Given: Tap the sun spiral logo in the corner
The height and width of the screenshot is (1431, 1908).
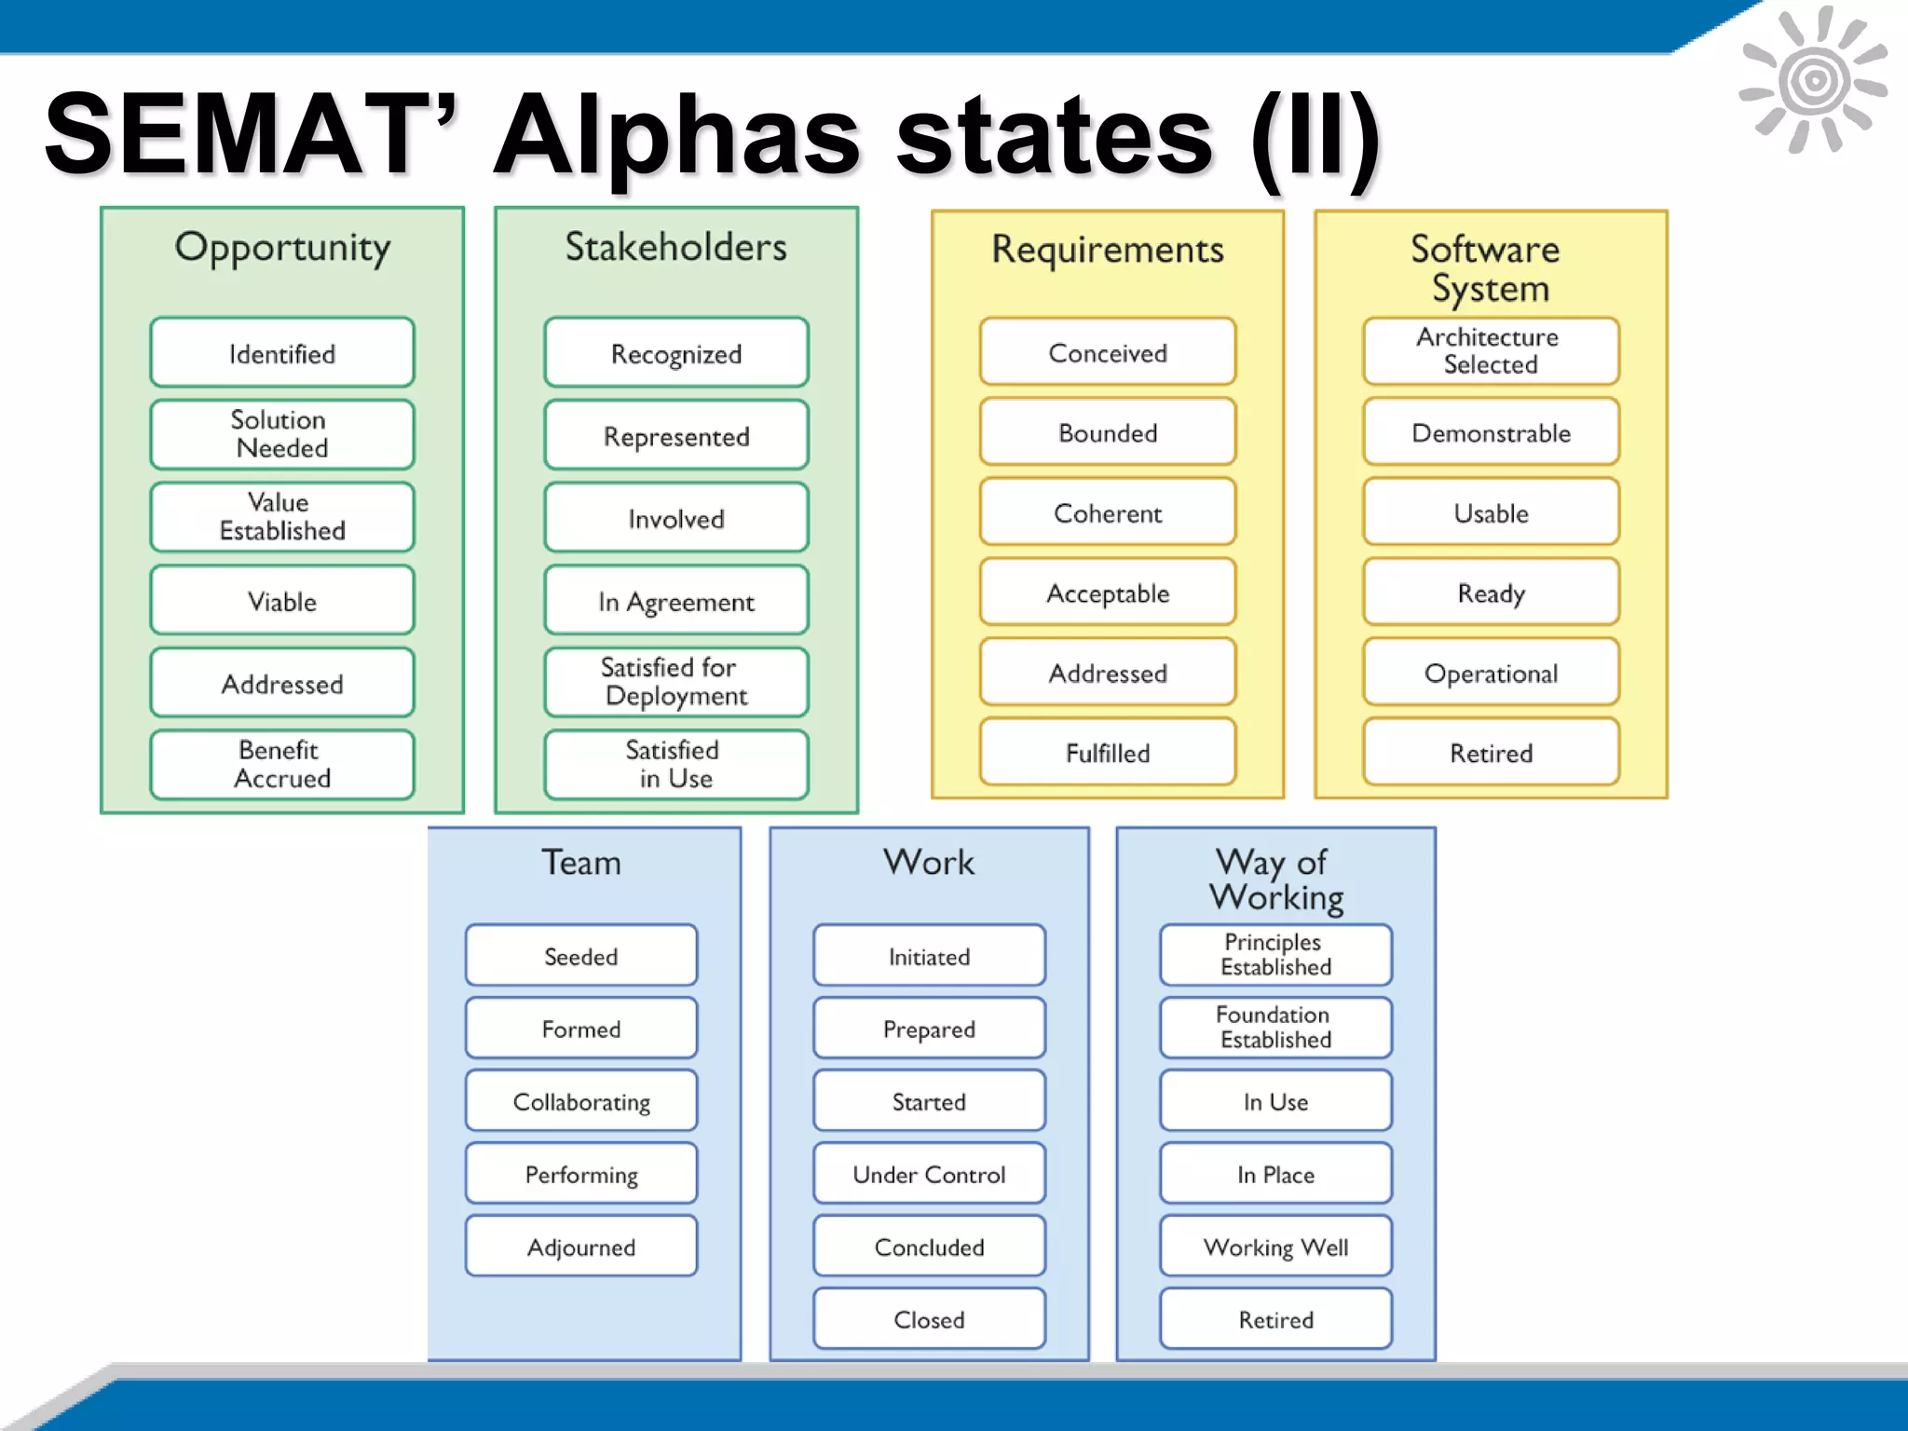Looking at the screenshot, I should click(x=1813, y=80).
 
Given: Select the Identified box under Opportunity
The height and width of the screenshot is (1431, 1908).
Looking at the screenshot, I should click(x=281, y=353).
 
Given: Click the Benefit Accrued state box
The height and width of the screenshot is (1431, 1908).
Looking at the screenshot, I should click(x=281, y=764).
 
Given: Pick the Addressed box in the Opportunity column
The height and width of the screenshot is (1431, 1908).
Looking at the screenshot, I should click(x=281, y=683).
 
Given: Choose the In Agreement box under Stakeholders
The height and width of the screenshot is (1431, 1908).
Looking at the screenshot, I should click(x=675, y=601).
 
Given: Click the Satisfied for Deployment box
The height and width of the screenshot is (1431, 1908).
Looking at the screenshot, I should click(x=675, y=682).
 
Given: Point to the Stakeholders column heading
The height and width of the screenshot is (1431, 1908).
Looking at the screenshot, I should click(x=675, y=247).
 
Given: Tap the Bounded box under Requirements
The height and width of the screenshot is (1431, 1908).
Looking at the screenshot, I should click(x=1107, y=432).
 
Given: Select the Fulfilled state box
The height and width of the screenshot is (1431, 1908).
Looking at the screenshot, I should click(x=1107, y=752).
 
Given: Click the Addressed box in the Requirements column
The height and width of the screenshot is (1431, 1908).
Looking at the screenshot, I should click(x=1107, y=673).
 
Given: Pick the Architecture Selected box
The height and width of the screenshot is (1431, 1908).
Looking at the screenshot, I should click(x=1490, y=351).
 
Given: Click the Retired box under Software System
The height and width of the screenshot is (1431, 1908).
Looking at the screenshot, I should click(x=1490, y=752).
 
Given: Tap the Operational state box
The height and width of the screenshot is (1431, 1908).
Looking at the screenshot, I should click(x=1490, y=673).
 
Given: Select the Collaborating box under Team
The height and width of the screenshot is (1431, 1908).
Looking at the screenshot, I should click(x=581, y=1101).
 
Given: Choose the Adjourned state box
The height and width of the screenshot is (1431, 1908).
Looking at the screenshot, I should click(x=581, y=1247).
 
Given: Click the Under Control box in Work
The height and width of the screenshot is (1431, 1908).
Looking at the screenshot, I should click(x=929, y=1174).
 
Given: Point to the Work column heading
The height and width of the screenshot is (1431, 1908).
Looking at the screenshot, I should click(x=929, y=862).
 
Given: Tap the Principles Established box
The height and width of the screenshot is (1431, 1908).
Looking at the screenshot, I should click(x=1275, y=955).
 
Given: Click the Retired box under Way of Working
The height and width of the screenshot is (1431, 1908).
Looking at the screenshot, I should click(x=1275, y=1319).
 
